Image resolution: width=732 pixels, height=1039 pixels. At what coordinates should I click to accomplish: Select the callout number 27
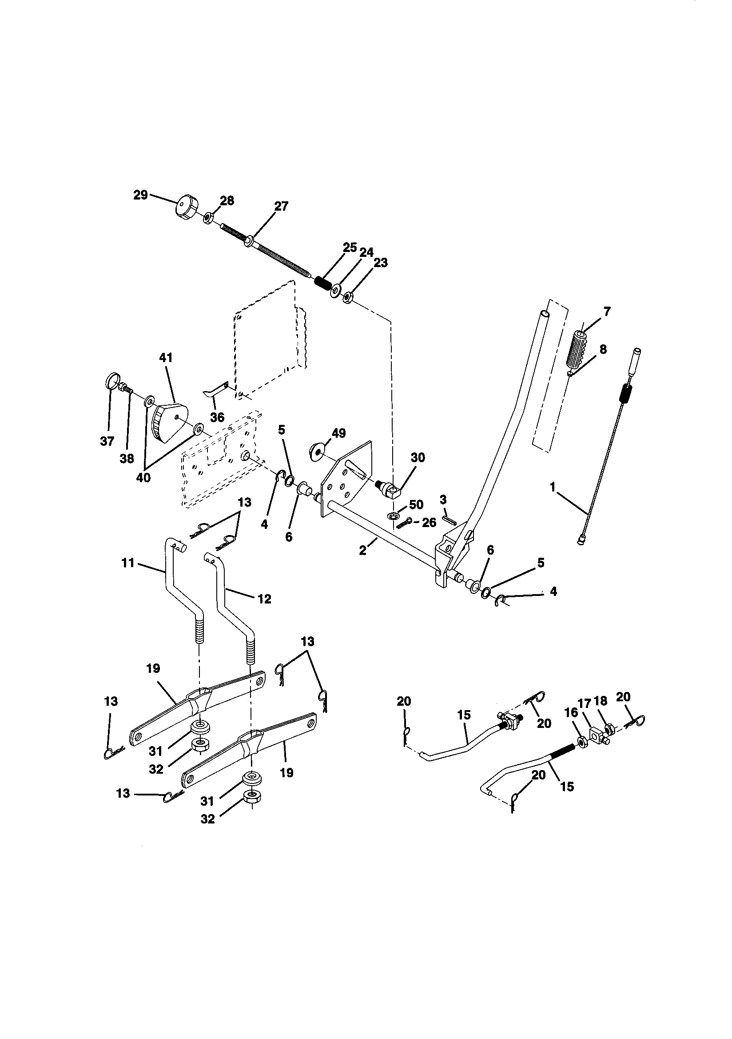[281, 206]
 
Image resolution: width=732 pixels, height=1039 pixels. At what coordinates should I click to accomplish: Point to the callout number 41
[166, 357]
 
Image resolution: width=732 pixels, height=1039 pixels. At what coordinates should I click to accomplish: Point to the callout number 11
[128, 563]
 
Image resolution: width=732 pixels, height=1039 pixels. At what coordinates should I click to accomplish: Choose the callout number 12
[264, 599]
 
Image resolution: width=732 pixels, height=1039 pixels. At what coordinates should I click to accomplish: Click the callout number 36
[217, 417]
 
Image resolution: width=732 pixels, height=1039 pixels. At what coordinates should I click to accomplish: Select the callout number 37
[107, 441]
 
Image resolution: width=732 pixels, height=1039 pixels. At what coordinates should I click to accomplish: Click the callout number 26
[429, 523]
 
